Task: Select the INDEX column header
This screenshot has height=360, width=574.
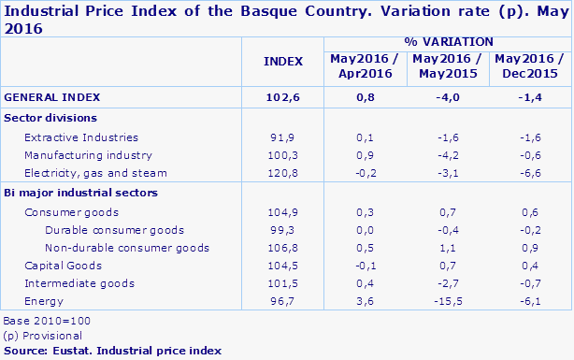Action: click(x=284, y=61)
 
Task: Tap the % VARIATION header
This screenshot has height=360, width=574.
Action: click(x=449, y=42)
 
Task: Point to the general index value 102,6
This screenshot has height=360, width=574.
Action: click(x=284, y=96)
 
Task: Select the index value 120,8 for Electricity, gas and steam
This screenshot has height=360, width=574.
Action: click(x=284, y=172)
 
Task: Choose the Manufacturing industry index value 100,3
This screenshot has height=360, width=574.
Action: click(x=284, y=154)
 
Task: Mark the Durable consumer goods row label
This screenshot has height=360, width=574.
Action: click(x=102, y=229)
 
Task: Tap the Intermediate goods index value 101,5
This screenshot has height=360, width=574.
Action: click(x=284, y=282)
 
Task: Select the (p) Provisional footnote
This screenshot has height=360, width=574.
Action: click(x=43, y=335)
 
